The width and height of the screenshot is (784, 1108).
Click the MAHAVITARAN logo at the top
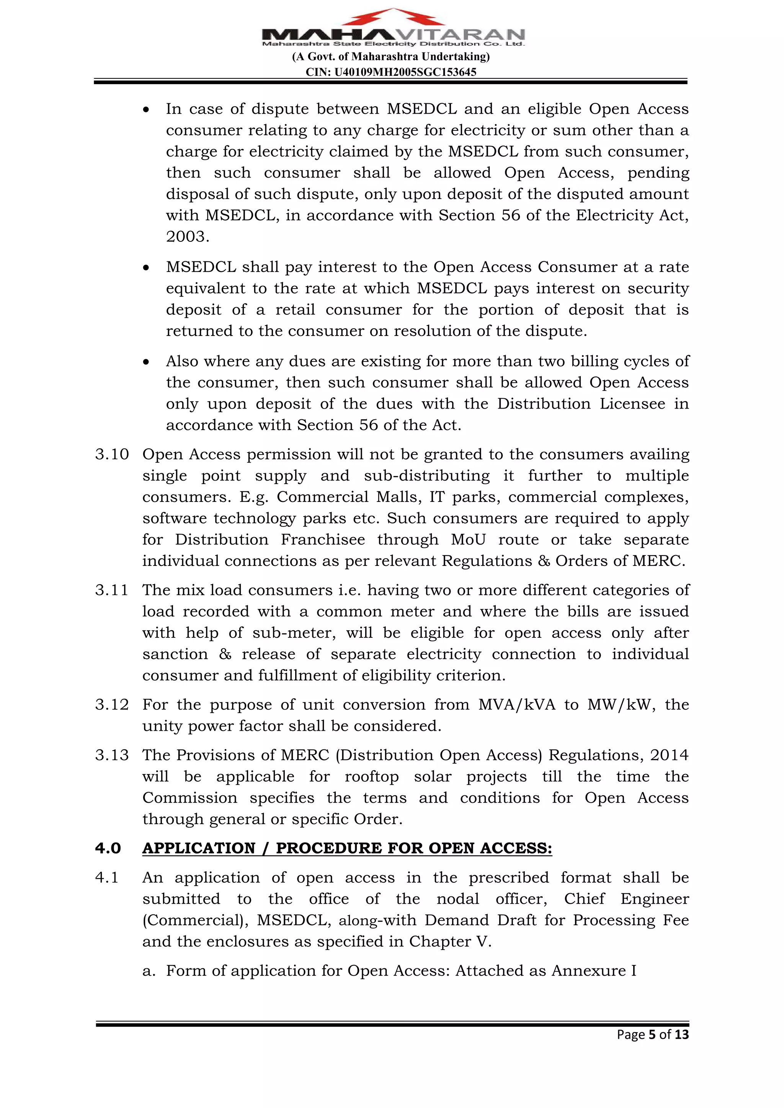click(393, 28)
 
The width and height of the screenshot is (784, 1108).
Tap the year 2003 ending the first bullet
click(187, 236)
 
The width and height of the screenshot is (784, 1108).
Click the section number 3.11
click(111, 590)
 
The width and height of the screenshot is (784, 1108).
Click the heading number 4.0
click(108, 848)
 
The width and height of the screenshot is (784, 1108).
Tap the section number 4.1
click(107, 877)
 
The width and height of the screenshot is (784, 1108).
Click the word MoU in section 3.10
click(468, 539)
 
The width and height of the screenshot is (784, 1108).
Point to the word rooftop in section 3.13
click(372, 776)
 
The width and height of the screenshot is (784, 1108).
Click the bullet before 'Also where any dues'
click(146, 362)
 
